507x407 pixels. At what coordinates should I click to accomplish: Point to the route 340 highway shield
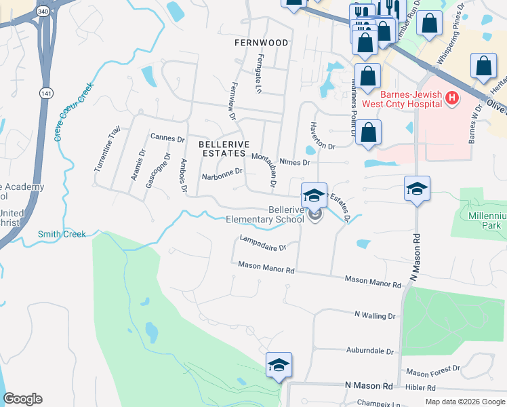pyautogui.click(x=43, y=12)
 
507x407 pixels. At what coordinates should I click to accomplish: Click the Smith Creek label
pyautogui.click(x=62, y=234)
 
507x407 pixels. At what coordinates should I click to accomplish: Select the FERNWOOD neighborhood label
pyautogui.click(x=261, y=43)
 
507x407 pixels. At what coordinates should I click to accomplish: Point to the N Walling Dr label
pyautogui.click(x=375, y=315)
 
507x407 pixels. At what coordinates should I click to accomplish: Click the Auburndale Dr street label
pyautogui.click(x=370, y=351)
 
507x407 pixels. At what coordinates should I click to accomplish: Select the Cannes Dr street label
pyautogui.click(x=167, y=138)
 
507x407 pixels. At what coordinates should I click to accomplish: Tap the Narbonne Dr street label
pyautogui.click(x=222, y=174)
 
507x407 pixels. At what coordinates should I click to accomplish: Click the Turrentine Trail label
pyautogui.click(x=108, y=148)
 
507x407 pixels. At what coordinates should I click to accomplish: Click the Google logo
pyautogui.click(x=22, y=399)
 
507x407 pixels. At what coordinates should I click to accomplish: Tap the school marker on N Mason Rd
pyautogui.click(x=417, y=189)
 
